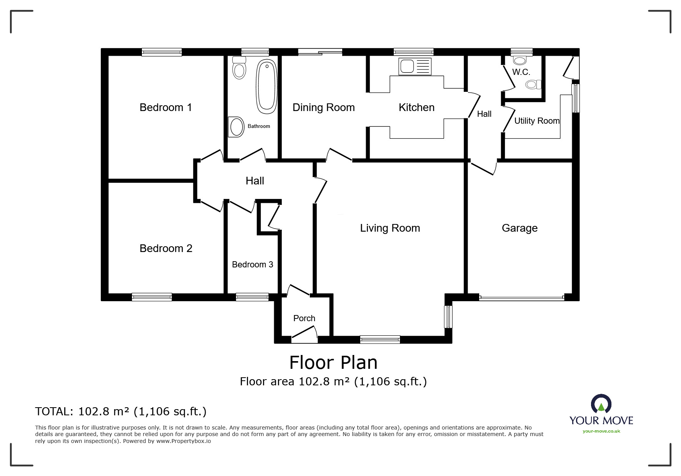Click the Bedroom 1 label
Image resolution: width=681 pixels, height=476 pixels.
pyautogui.click(x=166, y=108)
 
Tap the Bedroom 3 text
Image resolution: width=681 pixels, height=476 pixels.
pyautogui.click(x=253, y=265)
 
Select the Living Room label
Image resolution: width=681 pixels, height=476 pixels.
pyautogui.click(x=390, y=228)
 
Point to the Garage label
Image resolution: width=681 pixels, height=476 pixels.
pyautogui.click(x=519, y=228)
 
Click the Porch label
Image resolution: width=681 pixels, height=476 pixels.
pyautogui.click(x=304, y=318)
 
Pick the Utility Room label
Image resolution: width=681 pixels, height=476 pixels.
pyautogui.click(x=537, y=121)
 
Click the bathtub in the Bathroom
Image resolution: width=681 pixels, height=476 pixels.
pyautogui.click(x=266, y=86)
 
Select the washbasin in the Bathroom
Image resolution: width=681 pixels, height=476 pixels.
pyautogui.click(x=236, y=127)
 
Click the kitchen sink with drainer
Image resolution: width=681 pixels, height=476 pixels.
pyautogui.click(x=415, y=66)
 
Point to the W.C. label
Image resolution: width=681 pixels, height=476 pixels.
pyautogui.click(x=521, y=72)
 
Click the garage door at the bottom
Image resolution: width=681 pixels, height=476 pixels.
pyautogui.click(x=521, y=297)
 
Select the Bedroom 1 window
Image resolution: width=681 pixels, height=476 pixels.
pyautogui.click(x=162, y=52)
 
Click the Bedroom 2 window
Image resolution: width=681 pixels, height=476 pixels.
pyautogui.click(x=152, y=297)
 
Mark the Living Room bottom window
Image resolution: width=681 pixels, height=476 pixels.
pyautogui.click(x=380, y=339)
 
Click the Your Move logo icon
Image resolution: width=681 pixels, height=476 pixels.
pyautogui.click(x=601, y=405)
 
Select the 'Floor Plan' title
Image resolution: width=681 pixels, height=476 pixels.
pyautogui.click(x=333, y=363)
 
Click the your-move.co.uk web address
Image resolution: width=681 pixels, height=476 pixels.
pyautogui.click(x=601, y=431)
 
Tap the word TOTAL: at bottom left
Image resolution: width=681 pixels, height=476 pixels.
pyautogui.click(x=54, y=412)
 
